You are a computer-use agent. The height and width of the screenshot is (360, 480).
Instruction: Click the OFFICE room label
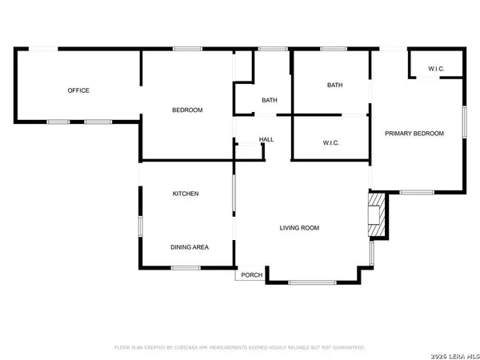click(x=78, y=90)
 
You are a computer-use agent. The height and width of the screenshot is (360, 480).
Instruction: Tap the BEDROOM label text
click(x=188, y=110)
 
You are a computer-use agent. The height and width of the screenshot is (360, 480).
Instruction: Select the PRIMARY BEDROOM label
click(x=414, y=134)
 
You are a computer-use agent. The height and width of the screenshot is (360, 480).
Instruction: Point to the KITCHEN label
click(x=186, y=194)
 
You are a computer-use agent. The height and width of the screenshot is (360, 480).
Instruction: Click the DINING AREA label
click(x=190, y=247)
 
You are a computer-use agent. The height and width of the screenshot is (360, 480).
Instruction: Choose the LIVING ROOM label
click(x=299, y=228)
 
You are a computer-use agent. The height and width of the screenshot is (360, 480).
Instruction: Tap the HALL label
click(x=266, y=140)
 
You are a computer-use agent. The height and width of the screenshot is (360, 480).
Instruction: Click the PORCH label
click(x=251, y=275)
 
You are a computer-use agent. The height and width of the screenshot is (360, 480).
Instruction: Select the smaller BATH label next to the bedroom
click(x=270, y=100)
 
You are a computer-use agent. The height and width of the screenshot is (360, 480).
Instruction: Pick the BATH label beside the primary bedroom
click(x=334, y=85)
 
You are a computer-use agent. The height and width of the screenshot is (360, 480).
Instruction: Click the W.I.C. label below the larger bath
click(x=331, y=143)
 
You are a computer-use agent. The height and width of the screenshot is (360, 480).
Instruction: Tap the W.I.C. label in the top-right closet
click(x=436, y=68)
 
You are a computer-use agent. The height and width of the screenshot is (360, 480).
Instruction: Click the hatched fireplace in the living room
click(x=377, y=215)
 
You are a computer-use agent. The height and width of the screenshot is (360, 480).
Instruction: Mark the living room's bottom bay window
click(x=312, y=282)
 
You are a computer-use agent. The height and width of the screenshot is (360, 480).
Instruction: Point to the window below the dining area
click(x=186, y=267)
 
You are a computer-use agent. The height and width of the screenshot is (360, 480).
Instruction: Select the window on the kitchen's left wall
click(x=140, y=226)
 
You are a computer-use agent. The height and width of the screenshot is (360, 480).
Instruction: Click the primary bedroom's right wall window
click(x=463, y=120)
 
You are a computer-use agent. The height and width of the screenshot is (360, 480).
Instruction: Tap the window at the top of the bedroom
click(x=187, y=50)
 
